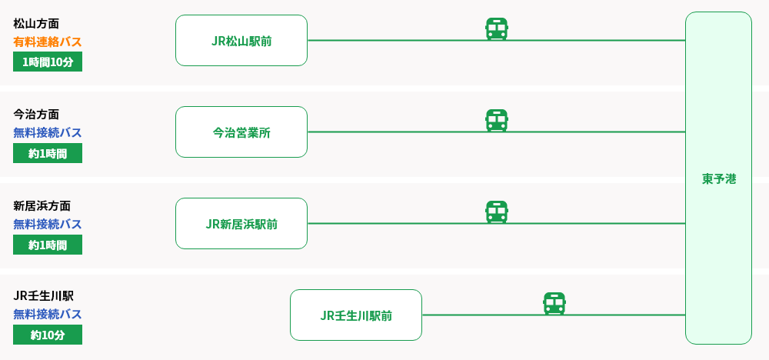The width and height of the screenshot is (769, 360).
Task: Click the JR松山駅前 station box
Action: point(241,40)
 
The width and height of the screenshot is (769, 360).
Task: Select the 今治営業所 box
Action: point(241,132)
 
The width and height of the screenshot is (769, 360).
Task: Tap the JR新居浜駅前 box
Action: point(241,223)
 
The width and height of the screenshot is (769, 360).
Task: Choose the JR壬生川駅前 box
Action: point(356,315)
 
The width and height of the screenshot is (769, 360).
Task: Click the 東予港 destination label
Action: point(718,178)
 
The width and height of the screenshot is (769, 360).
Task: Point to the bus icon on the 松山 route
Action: point(497,29)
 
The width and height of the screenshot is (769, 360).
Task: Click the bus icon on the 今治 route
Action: point(497,121)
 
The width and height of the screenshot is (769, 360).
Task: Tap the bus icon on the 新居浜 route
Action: point(497,212)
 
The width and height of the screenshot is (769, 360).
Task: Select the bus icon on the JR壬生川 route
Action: point(554,304)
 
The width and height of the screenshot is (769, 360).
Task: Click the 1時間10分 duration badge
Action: point(48,62)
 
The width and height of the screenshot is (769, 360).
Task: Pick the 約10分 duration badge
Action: point(48,335)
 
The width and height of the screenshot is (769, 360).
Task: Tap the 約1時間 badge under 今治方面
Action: point(48,153)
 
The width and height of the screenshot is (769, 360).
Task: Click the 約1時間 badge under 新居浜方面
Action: point(48,245)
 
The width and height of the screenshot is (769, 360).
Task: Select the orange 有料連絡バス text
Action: point(48,42)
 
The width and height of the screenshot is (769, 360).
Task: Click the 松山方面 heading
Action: point(37,23)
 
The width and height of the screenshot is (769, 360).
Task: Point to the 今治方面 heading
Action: point(37,114)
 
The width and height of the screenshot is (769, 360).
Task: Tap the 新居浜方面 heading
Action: point(42,205)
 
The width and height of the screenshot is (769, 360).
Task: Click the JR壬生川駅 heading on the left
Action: point(44,295)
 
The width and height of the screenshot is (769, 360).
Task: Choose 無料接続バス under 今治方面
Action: point(48,132)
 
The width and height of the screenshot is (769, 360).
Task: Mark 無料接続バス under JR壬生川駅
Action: point(48,314)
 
